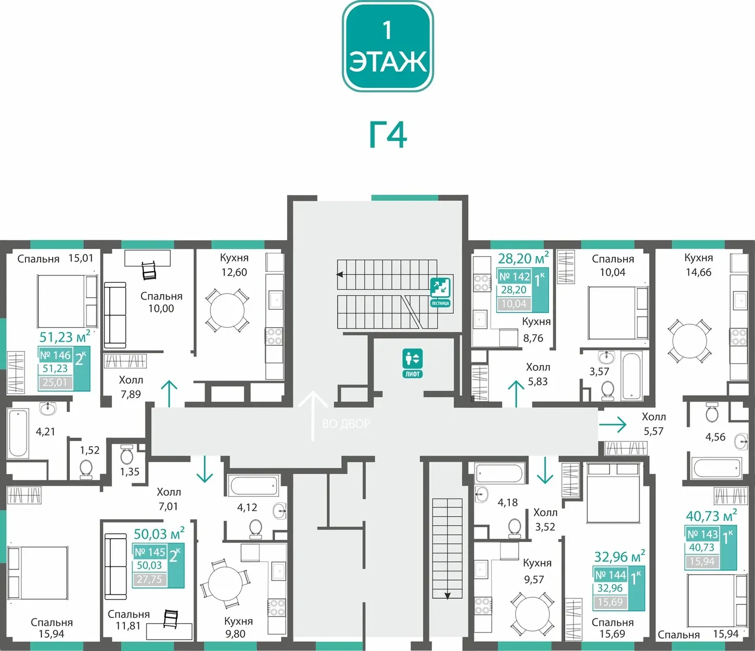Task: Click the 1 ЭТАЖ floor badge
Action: coord(388,47)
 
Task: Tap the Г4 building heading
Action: coord(388,135)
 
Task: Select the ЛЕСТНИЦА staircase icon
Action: coord(440,291)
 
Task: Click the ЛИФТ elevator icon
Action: coord(413,363)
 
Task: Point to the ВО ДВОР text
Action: coord(346,424)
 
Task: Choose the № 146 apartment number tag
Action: coord(55,355)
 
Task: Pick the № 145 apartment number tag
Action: coord(150,552)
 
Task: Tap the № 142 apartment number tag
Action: coord(514,277)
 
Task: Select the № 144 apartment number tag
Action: coord(610,575)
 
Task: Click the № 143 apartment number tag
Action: coord(702,534)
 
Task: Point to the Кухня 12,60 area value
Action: coord(234,272)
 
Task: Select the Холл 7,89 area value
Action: coord(131,394)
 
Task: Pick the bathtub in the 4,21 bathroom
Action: coord(17,433)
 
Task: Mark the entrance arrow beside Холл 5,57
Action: coord(612,424)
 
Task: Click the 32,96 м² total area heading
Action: coord(619,557)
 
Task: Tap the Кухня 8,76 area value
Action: coord(533,338)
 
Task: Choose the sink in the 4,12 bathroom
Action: coord(280,509)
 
